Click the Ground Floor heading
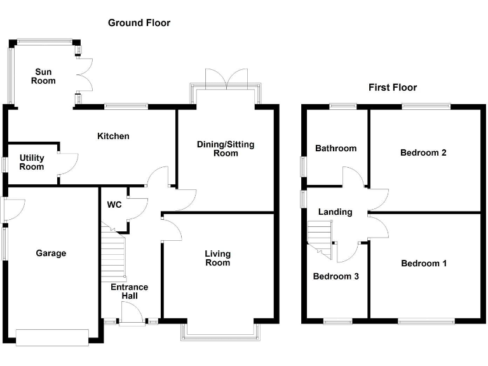point(139,23)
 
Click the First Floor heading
point(393,88)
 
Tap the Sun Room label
point(44,76)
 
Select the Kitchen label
point(113,136)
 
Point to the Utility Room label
point(32,162)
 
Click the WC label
point(114,205)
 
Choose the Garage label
point(51,254)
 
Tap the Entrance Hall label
point(129,292)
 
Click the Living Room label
point(217,258)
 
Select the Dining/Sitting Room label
point(226,149)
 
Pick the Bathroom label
point(336,148)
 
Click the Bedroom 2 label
point(423,152)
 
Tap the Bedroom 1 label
point(423,263)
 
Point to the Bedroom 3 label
point(336,276)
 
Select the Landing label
point(335,212)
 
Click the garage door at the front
point(53,337)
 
